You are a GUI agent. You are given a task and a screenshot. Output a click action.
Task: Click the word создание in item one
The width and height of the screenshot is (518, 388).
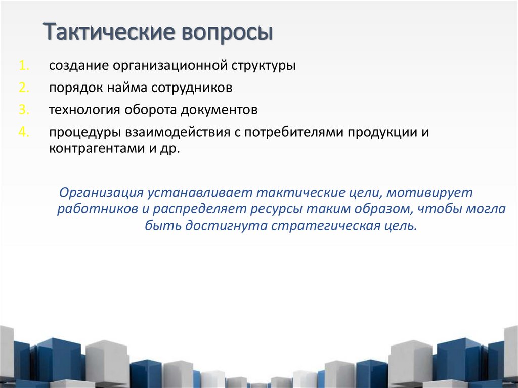click(x=78, y=66)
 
